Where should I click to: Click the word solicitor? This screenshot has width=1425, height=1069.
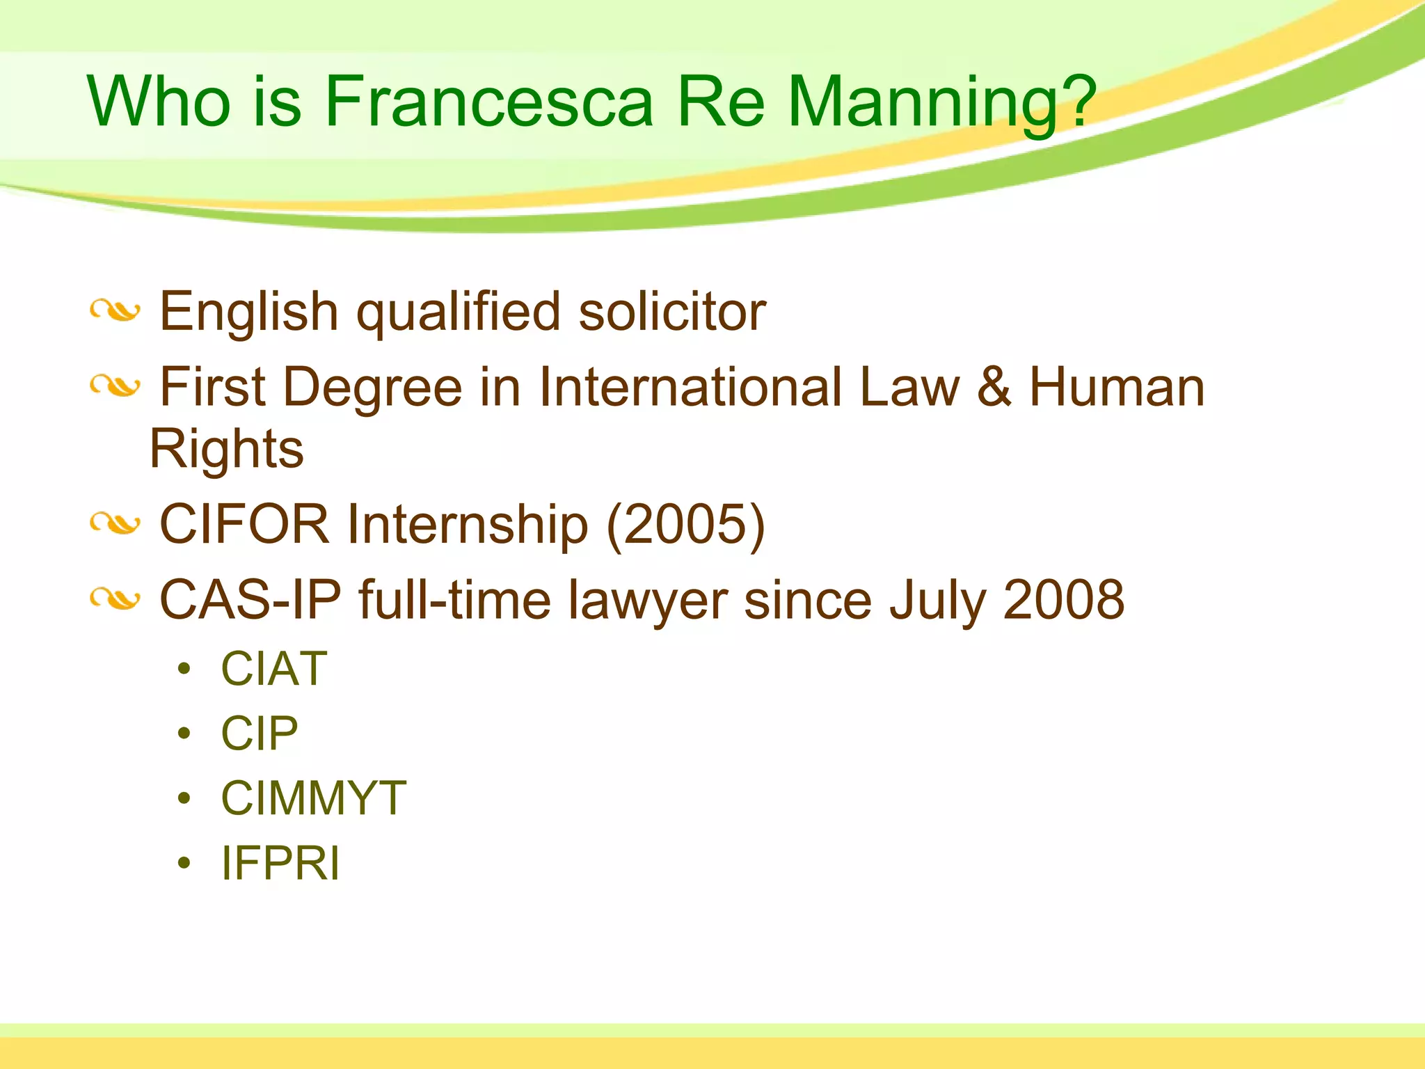[672, 311]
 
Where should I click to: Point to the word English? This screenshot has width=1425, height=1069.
[249, 311]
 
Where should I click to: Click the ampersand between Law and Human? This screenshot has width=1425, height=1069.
[994, 387]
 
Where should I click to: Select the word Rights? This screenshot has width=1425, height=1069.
[227, 449]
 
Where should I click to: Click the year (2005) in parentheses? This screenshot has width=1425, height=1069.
[685, 524]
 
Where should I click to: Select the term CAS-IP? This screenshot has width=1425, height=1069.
[250, 599]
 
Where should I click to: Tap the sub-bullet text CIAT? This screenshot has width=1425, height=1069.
[274, 669]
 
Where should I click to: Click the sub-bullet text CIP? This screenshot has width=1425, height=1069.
[260, 734]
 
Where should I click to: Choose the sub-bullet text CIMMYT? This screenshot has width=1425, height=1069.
[313, 798]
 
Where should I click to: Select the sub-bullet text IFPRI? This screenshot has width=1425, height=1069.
[280, 863]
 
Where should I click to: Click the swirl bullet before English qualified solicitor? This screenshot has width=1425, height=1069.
[116, 311]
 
